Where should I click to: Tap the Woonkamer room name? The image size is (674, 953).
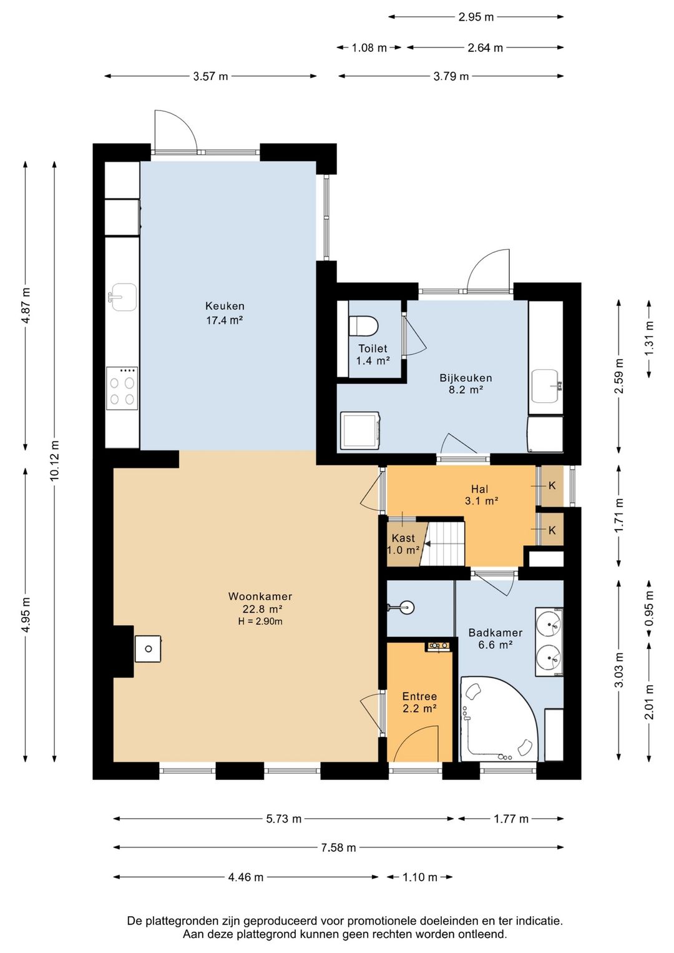point(260,596)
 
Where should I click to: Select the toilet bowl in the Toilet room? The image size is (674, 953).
point(363,327)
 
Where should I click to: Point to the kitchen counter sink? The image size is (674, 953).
point(123,297)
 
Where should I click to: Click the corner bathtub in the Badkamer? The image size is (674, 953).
point(499,719)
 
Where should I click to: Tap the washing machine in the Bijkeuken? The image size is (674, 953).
point(361,430)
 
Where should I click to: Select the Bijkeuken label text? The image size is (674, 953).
point(466,378)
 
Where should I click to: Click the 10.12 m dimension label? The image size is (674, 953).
point(54,461)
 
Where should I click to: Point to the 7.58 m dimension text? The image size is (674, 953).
point(338,847)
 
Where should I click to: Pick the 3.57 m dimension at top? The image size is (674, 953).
point(210,77)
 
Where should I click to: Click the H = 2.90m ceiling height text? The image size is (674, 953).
point(260,621)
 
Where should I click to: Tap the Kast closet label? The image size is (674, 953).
point(403,538)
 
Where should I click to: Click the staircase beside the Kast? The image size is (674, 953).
point(442,544)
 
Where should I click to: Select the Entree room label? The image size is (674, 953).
point(420,696)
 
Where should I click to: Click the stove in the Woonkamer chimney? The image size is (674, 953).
point(148,649)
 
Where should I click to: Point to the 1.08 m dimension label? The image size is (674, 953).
point(369,48)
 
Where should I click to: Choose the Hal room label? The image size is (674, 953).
point(480,489)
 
